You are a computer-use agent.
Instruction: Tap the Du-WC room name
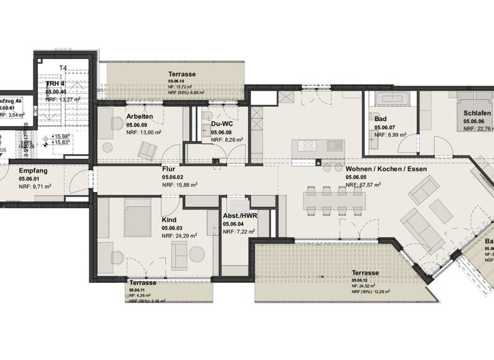pyautogui.click(x=221, y=123)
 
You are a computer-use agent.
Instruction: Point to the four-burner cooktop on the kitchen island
pyautogui.click(x=305, y=146)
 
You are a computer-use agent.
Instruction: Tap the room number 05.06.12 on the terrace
pyautogui.click(x=360, y=281)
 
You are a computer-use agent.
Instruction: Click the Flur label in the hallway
pyautogui.click(x=169, y=168)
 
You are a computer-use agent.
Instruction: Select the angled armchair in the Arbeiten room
pyautogui.click(x=147, y=150)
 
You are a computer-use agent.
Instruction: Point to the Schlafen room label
pyautogui.click(x=477, y=113)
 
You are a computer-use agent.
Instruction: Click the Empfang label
pyautogui.click(x=32, y=170)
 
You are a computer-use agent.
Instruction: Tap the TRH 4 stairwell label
pyautogui.click(x=55, y=84)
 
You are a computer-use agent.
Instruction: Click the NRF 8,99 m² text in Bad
pyautogui.click(x=388, y=136)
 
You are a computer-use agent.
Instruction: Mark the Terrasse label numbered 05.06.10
pyautogui.click(x=182, y=74)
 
